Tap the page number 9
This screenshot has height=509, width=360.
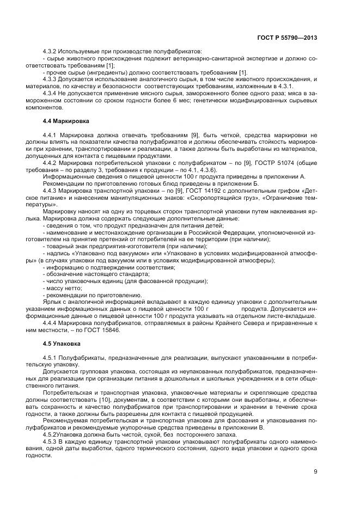315,471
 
